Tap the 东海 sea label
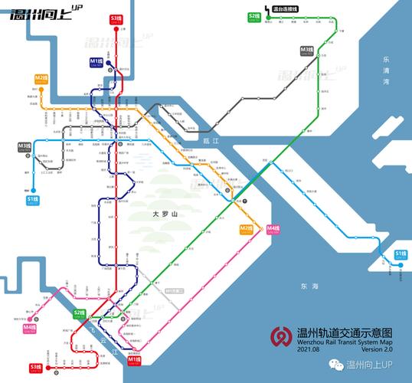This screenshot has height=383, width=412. [x=309, y=285]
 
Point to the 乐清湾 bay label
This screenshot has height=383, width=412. [x=387, y=70]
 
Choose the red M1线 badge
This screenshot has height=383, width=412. [x=134, y=359]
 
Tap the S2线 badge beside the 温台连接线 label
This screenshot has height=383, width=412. [x=255, y=16]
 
